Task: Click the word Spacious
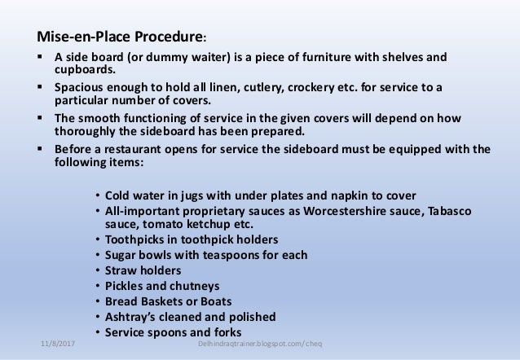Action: coord(79,88)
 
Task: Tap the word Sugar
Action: coord(123,254)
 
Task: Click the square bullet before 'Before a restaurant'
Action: coord(40,149)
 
